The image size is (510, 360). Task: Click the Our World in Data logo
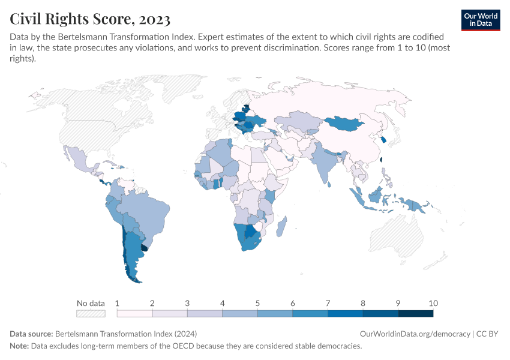[x=480, y=19]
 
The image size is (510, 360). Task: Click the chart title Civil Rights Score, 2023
[x=90, y=19]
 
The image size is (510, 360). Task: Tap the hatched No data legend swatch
[x=91, y=313]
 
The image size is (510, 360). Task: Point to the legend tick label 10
[x=433, y=303]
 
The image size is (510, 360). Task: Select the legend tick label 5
[x=257, y=303]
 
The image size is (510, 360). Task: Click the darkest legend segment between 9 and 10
[x=415, y=313]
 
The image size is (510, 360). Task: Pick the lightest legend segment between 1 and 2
[x=134, y=313]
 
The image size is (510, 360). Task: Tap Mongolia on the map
[x=345, y=124]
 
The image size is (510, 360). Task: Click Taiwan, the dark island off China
[x=382, y=160]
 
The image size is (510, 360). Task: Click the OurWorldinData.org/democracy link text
[x=415, y=334]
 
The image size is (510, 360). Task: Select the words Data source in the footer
[x=31, y=334]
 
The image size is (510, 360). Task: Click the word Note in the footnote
[x=20, y=346]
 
